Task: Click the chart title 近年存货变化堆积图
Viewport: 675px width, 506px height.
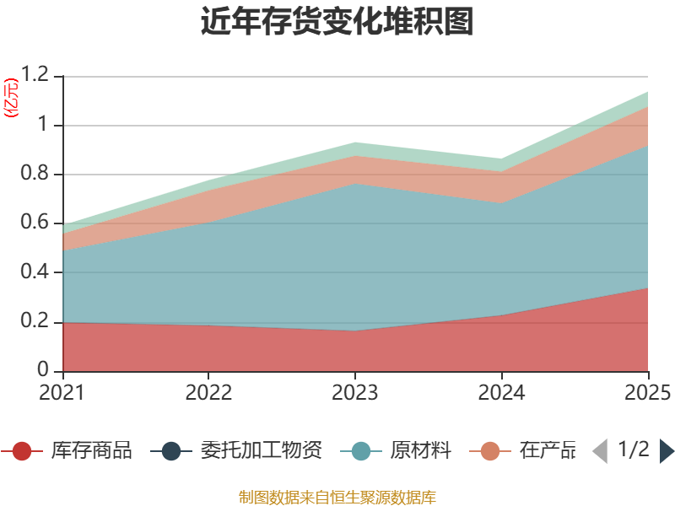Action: point(337,22)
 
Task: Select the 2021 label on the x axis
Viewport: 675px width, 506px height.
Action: point(63,392)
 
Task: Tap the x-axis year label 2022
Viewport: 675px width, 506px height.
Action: point(209,392)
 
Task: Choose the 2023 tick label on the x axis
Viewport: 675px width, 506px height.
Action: point(355,392)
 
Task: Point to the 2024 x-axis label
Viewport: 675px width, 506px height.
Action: point(501,392)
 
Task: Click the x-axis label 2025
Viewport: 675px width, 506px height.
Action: point(647,392)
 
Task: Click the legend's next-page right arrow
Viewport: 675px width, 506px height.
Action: point(667,451)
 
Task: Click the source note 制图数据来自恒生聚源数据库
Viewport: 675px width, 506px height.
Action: point(337,497)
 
